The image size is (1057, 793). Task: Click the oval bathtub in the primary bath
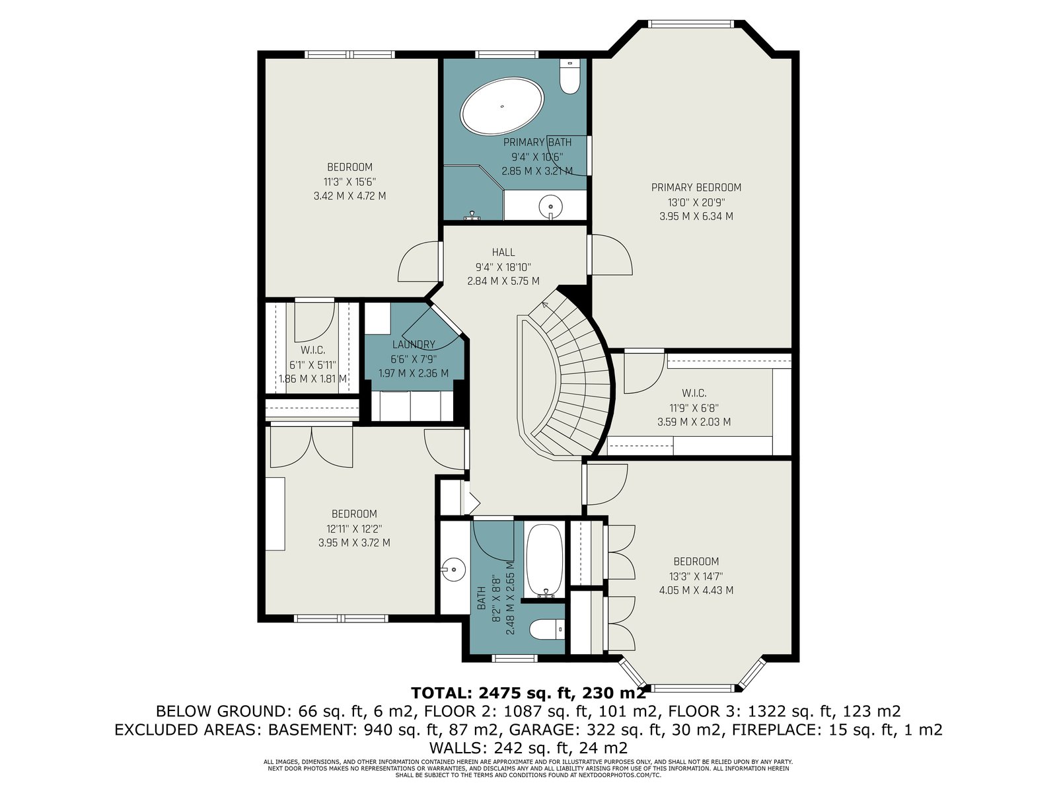pyautogui.click(x=502, y=106)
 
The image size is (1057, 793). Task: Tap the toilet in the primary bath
pyautogui.click(x=569, y=77)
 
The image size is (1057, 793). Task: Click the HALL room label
pyautogui.click(x=503, y=252)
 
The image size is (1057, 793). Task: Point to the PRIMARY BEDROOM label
pyautogui.click(x=696, y=187)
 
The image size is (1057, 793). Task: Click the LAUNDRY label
pyautogui.click(x=414, y=344)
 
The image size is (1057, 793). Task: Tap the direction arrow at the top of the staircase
pyautogui.click(x=546, y=304)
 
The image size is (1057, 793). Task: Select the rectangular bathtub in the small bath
pyautogui.click(x=544, y=562)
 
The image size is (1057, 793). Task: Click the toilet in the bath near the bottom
pyautogui.click(x=546, y=629)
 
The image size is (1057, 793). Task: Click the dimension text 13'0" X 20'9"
pyautogui.click(x=696, y=202)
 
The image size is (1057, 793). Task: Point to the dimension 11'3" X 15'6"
pyautogui.click(x=349, y=182)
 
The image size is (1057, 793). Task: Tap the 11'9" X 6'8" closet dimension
pyautogui.click(x=694, y=408)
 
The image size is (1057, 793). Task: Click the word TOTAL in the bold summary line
pyautogui.click(x=438, y=693)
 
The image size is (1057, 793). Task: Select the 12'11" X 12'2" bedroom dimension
pyautogui.click(x=354, y=528)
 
